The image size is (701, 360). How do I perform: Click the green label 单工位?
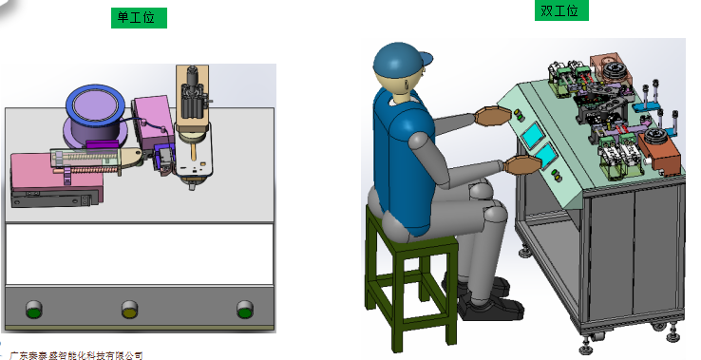pyautogui.click(x=139, y=18)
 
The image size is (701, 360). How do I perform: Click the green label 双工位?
pyautogui.click(x=561, y=10)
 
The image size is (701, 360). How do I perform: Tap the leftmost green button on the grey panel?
pyautogui.click(x=33, y=309)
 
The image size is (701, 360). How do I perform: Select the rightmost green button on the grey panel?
pyautogui.click(x=244, y=309)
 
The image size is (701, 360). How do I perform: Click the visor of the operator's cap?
pyautogui.click(x=426, y=59)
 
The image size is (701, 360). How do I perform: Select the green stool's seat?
pyautogui.click(x=411, y=236)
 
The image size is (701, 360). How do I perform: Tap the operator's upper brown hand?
pyautogui.click(x=492, y=116)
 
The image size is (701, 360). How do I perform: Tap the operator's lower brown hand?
pyautogui.click(x=522, y=164)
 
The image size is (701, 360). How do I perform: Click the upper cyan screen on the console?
pyautogui.click(x=534, y=135)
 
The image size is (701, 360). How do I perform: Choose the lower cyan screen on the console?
pyautogui.click(x=546, y=156)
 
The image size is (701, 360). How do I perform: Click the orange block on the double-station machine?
pyautogui.click(x=660, y=152)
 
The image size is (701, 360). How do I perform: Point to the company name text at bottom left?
pyautogui.click(x=76, y=355)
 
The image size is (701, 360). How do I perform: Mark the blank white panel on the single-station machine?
pyautogui.click(x=139, y=254)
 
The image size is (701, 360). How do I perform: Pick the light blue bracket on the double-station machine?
pyautogui.click(x=647, y=107)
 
